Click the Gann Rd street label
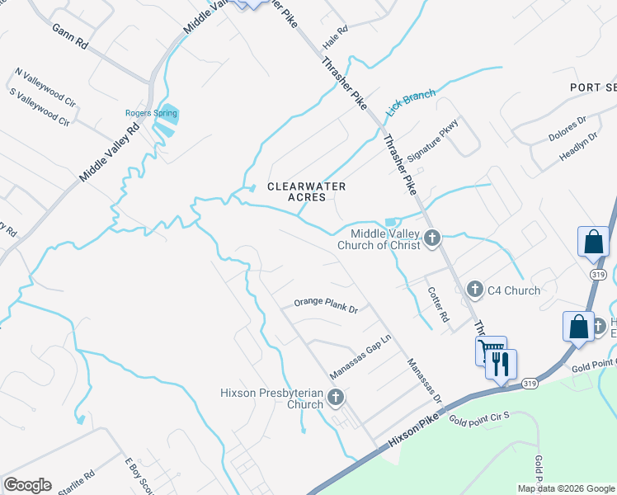(x=69, y=35)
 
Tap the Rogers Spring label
(x=151, y=113)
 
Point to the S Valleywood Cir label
(x=40, y=105)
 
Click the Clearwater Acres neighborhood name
(x=306, y=191)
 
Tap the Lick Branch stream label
(x=411, y=101)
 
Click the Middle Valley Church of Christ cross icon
(x=432, y=239)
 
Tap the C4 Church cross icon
(x=474, y=290)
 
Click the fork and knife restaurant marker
(x=502, y=363)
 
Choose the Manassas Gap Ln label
(x=360, y=356)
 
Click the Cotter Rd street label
(x=438, y=304)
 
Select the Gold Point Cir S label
(x=480, y=420)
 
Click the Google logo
(x=27, y=485)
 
